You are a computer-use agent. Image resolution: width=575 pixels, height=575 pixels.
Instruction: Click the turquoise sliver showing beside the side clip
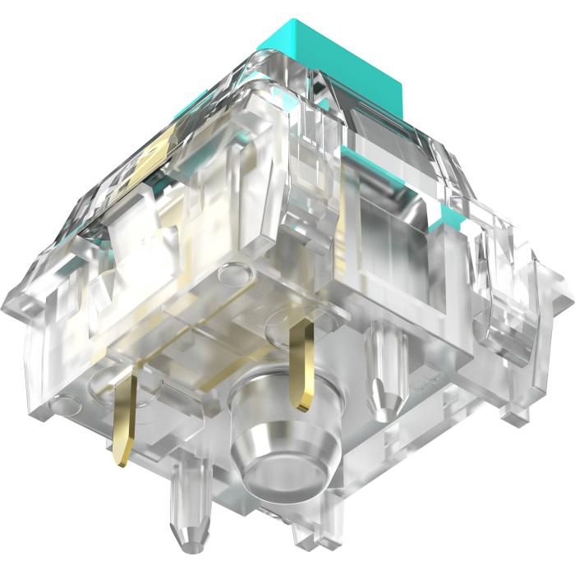[449, 218]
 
